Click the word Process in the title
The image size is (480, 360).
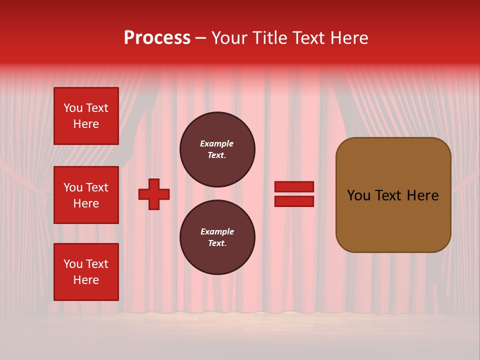[157, 38]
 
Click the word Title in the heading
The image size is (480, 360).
[268, 38]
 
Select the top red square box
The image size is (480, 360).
[86, 116]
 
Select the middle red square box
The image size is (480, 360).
[86, 195]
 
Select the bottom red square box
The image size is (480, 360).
[86, 272]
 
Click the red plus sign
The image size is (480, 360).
[154, 194]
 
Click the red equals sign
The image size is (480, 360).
[294, 194]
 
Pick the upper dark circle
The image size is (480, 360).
[217, 149]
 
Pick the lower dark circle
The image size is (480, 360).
[217, 237]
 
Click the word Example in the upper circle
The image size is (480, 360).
[217, 143]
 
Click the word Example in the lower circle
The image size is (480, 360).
[217, 231]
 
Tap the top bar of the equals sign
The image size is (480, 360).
[294, 187]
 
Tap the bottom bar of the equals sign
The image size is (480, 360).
[294, 201]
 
